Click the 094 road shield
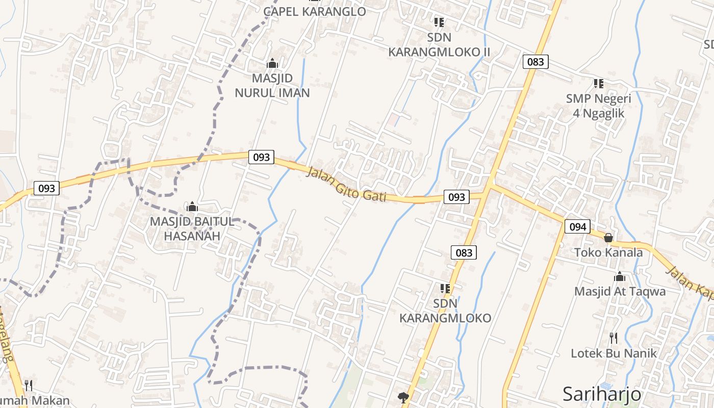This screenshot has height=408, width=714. tap(577, 226)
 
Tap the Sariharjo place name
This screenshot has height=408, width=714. tap(602, 394)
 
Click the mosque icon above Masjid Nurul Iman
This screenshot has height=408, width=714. tap(272, 64)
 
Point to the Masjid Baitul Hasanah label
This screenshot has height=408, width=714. tap(192, 229)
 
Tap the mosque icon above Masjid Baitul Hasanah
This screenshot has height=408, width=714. tap(192, 207)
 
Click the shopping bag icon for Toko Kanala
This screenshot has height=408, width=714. tap(608, 238)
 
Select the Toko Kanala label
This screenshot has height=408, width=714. tap(608, 252)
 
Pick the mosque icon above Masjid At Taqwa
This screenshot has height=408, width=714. tap(620, 277)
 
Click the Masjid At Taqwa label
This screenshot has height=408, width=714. tap(620, 291)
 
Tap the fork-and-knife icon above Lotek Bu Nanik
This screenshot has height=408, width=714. tap(614, 338)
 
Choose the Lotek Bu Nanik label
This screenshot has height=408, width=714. tap(614, 353)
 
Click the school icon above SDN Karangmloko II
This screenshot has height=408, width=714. tap(439, 22)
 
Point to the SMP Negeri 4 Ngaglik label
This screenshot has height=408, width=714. tap(598, 106)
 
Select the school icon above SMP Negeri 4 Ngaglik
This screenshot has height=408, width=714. tap(598, 83)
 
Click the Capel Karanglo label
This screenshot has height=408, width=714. tap(315, 11)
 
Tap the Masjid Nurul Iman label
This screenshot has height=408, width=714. tap(272, 85)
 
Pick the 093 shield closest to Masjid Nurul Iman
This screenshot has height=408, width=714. tap(261, 157)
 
